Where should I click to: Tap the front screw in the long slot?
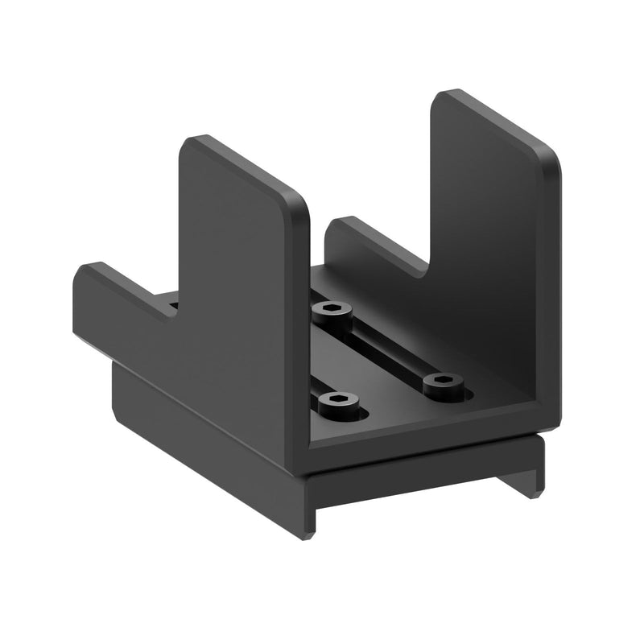(x=440, y=383)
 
